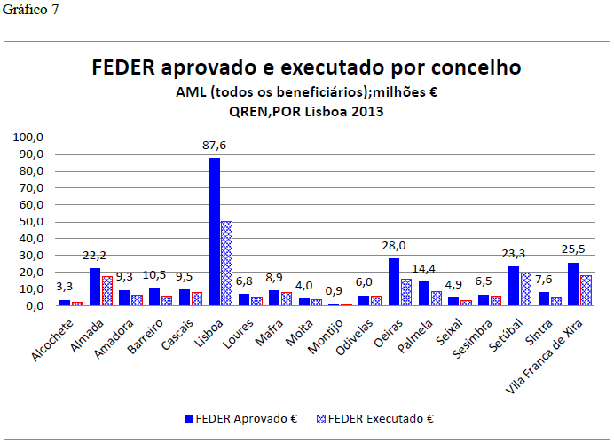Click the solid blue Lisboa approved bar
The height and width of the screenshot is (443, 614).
(x=214, y=232)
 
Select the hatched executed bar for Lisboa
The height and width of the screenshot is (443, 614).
(x=226, y=263)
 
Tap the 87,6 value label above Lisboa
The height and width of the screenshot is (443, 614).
(x=216, y=147)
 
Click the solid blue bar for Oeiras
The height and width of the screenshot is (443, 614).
(x=394, y=281)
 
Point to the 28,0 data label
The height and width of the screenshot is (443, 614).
(x=395, y=246)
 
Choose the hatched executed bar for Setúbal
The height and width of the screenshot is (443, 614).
(x=525, y=289)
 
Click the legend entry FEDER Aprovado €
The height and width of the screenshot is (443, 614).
(x=240, y=417)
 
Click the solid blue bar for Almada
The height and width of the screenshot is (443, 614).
(x=95, y=286)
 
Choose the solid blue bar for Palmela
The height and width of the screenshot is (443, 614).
(x=424, y=293)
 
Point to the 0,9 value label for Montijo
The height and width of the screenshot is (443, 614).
(x=335, y=291)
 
